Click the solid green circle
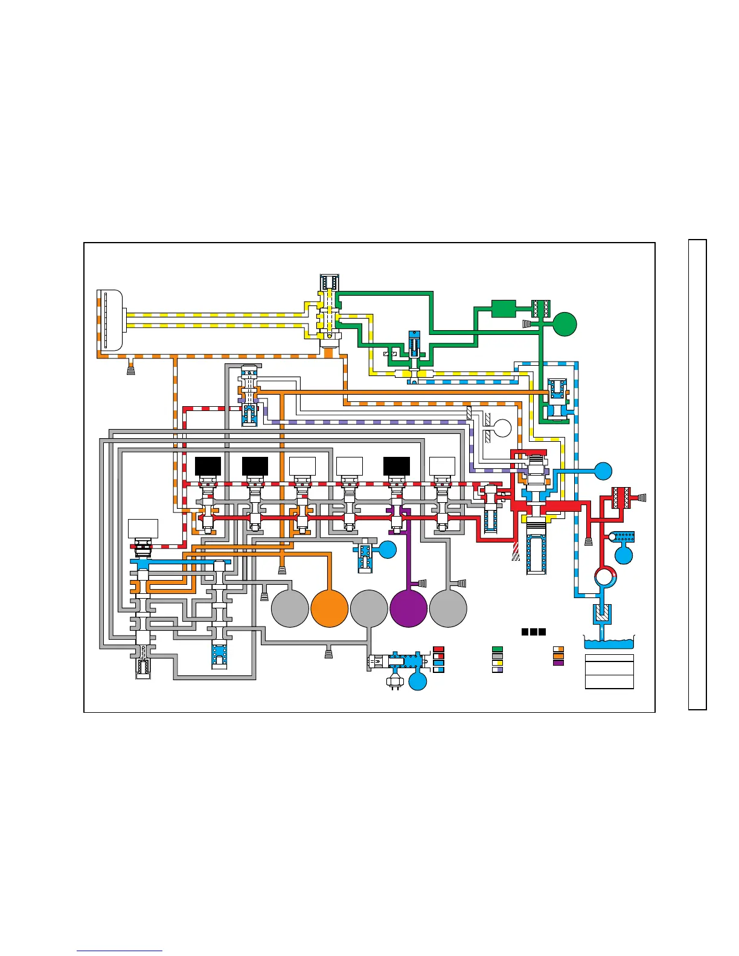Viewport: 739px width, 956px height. point(565,324)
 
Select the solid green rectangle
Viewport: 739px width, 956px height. point(504,308)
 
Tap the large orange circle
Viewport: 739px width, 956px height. point(330,608)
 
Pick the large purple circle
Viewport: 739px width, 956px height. point(409,608)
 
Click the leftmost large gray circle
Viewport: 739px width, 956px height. point(290,608)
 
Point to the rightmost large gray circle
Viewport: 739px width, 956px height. point(448,608)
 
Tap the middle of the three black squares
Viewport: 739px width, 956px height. point(534,632)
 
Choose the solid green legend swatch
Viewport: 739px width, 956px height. point(497,649)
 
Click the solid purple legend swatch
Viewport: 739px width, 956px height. point(558,663)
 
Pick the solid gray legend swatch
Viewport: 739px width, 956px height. point(497,656)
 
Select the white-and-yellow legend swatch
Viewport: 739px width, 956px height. point(497,663)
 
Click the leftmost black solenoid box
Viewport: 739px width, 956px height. point(208,466)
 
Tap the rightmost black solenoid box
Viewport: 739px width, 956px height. point(397,466)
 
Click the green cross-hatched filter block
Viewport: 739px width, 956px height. point(539,308)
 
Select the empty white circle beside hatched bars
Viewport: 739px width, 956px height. point(502,429)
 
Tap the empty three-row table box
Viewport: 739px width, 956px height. point(609,672)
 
